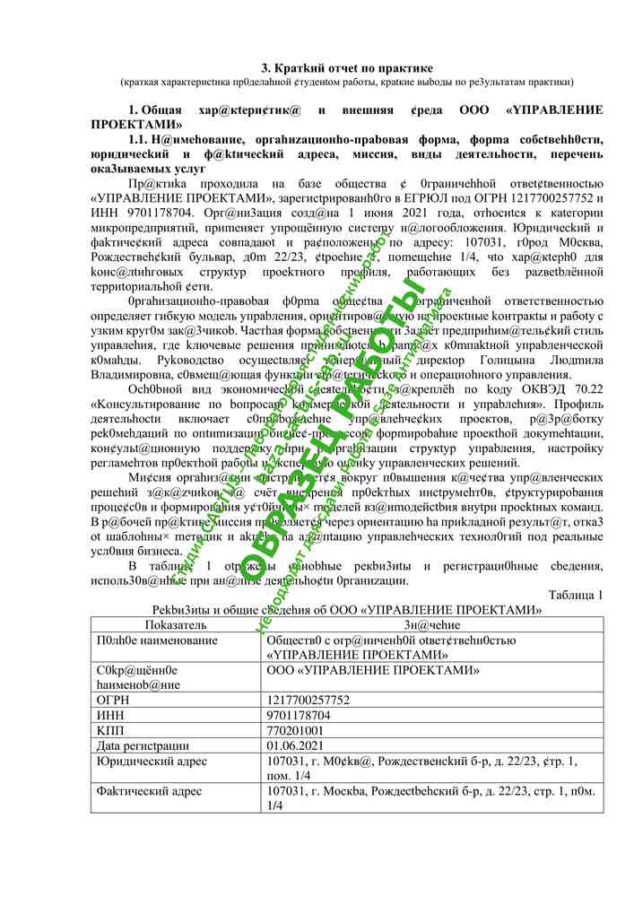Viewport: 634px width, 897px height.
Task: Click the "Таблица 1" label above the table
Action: (575, 596)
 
